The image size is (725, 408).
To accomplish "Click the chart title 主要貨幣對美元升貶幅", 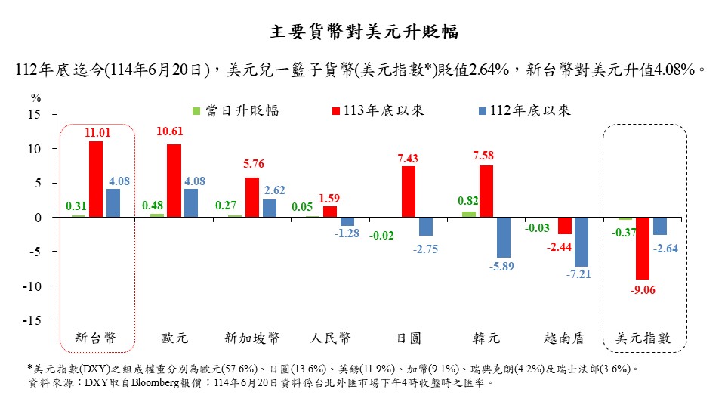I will click(364, 32).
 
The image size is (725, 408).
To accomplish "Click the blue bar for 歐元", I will click(191, 202).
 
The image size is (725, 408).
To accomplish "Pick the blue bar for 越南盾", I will click(582, 242).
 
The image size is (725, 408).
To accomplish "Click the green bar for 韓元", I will click(469, 215).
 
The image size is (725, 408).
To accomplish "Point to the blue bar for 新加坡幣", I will click(269, 209).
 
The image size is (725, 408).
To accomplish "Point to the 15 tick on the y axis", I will click(35, 115).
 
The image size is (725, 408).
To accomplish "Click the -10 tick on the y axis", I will click(32, 286).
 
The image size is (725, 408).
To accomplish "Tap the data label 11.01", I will click(97, 133).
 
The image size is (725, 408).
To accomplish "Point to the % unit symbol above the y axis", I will click(35, 97).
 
